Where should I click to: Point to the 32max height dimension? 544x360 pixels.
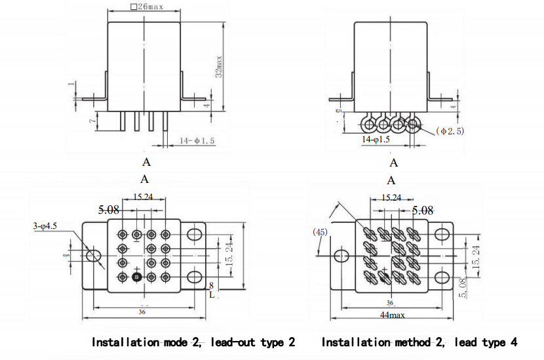pyautogui.click(x=220, y=66)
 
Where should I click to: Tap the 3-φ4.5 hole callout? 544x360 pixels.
pyautogui.click(x=45, y=226)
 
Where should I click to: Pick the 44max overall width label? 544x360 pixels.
pyautogui.click(x=393, y=315)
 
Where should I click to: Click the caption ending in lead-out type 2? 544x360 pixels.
pyautogui.click(x=193, y=342)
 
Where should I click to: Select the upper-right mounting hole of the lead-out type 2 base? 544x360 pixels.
pyautogui.click(x=195, y=234)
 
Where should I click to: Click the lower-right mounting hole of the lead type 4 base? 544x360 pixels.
pyautogui.click(x=442, y=279)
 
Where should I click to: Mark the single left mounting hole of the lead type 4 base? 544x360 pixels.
pyautogui.click(x=341, y=256)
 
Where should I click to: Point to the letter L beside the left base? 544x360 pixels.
pyautogui.click(x=211, y=295)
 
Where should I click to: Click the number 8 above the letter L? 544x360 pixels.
pyautogui.click(x=211, y=286)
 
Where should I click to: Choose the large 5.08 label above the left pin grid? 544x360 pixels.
pyautogui.click(x=109, y=210)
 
